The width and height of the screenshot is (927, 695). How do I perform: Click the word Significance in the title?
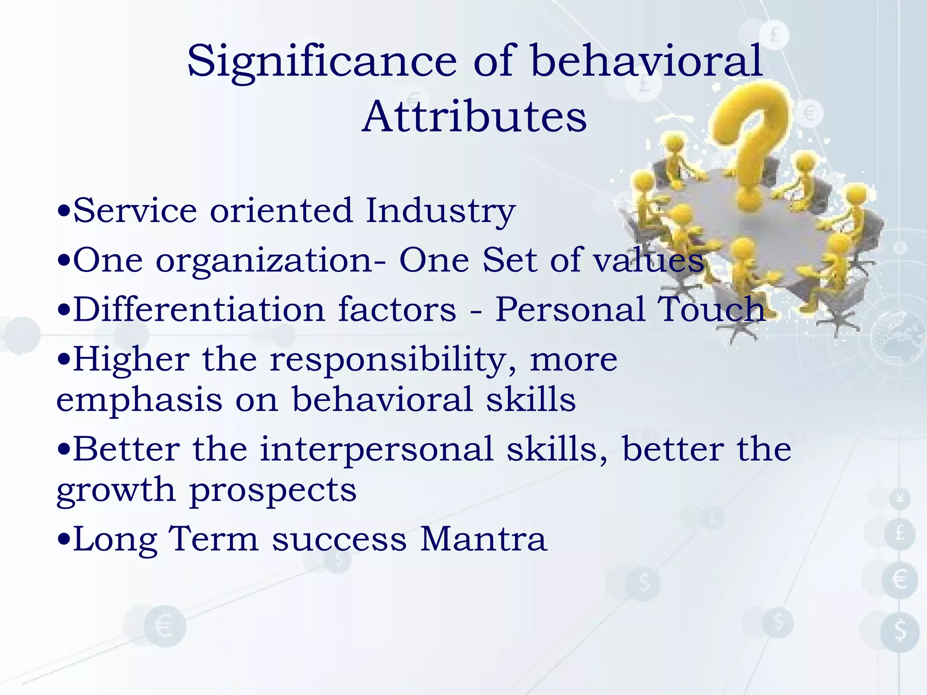pyautogui.click(x=322, y=61)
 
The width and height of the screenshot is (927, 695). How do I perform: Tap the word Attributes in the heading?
pyautogui.click(x=474, y=117)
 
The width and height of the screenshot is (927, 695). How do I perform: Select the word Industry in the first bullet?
pyautogui.click(x=440, y=211)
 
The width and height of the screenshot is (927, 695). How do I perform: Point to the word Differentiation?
pyautogui.click(x=199, y=309)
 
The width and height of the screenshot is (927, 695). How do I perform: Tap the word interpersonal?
pyautogui.click(x=377, y=450)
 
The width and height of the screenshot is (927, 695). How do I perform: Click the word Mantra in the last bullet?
pyautogui.click(x=483, y=539)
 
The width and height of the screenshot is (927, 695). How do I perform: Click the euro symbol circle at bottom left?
pyautogui.click(x=164, y=627)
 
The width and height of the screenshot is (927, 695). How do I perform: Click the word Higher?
pyautogui.click(x=131, y=360)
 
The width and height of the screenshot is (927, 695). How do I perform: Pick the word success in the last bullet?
pyautogui.click(x=339, y=540)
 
